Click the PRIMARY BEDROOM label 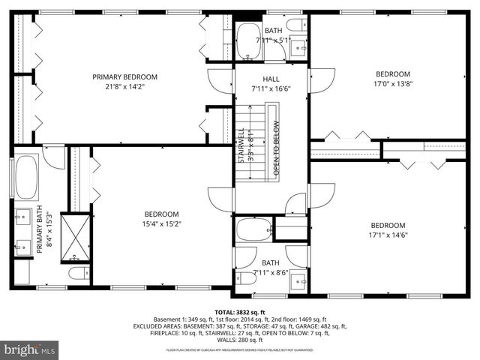(125, 76)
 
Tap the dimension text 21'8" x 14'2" (125, 86)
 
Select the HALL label (271, 79)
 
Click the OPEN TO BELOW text (276, 148)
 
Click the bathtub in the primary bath (26, 176)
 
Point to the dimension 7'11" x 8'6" (270, 272)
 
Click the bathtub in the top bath (248, 43)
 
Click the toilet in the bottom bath (247, 278)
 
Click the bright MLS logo (30, 349)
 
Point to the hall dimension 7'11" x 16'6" (271, 88)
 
